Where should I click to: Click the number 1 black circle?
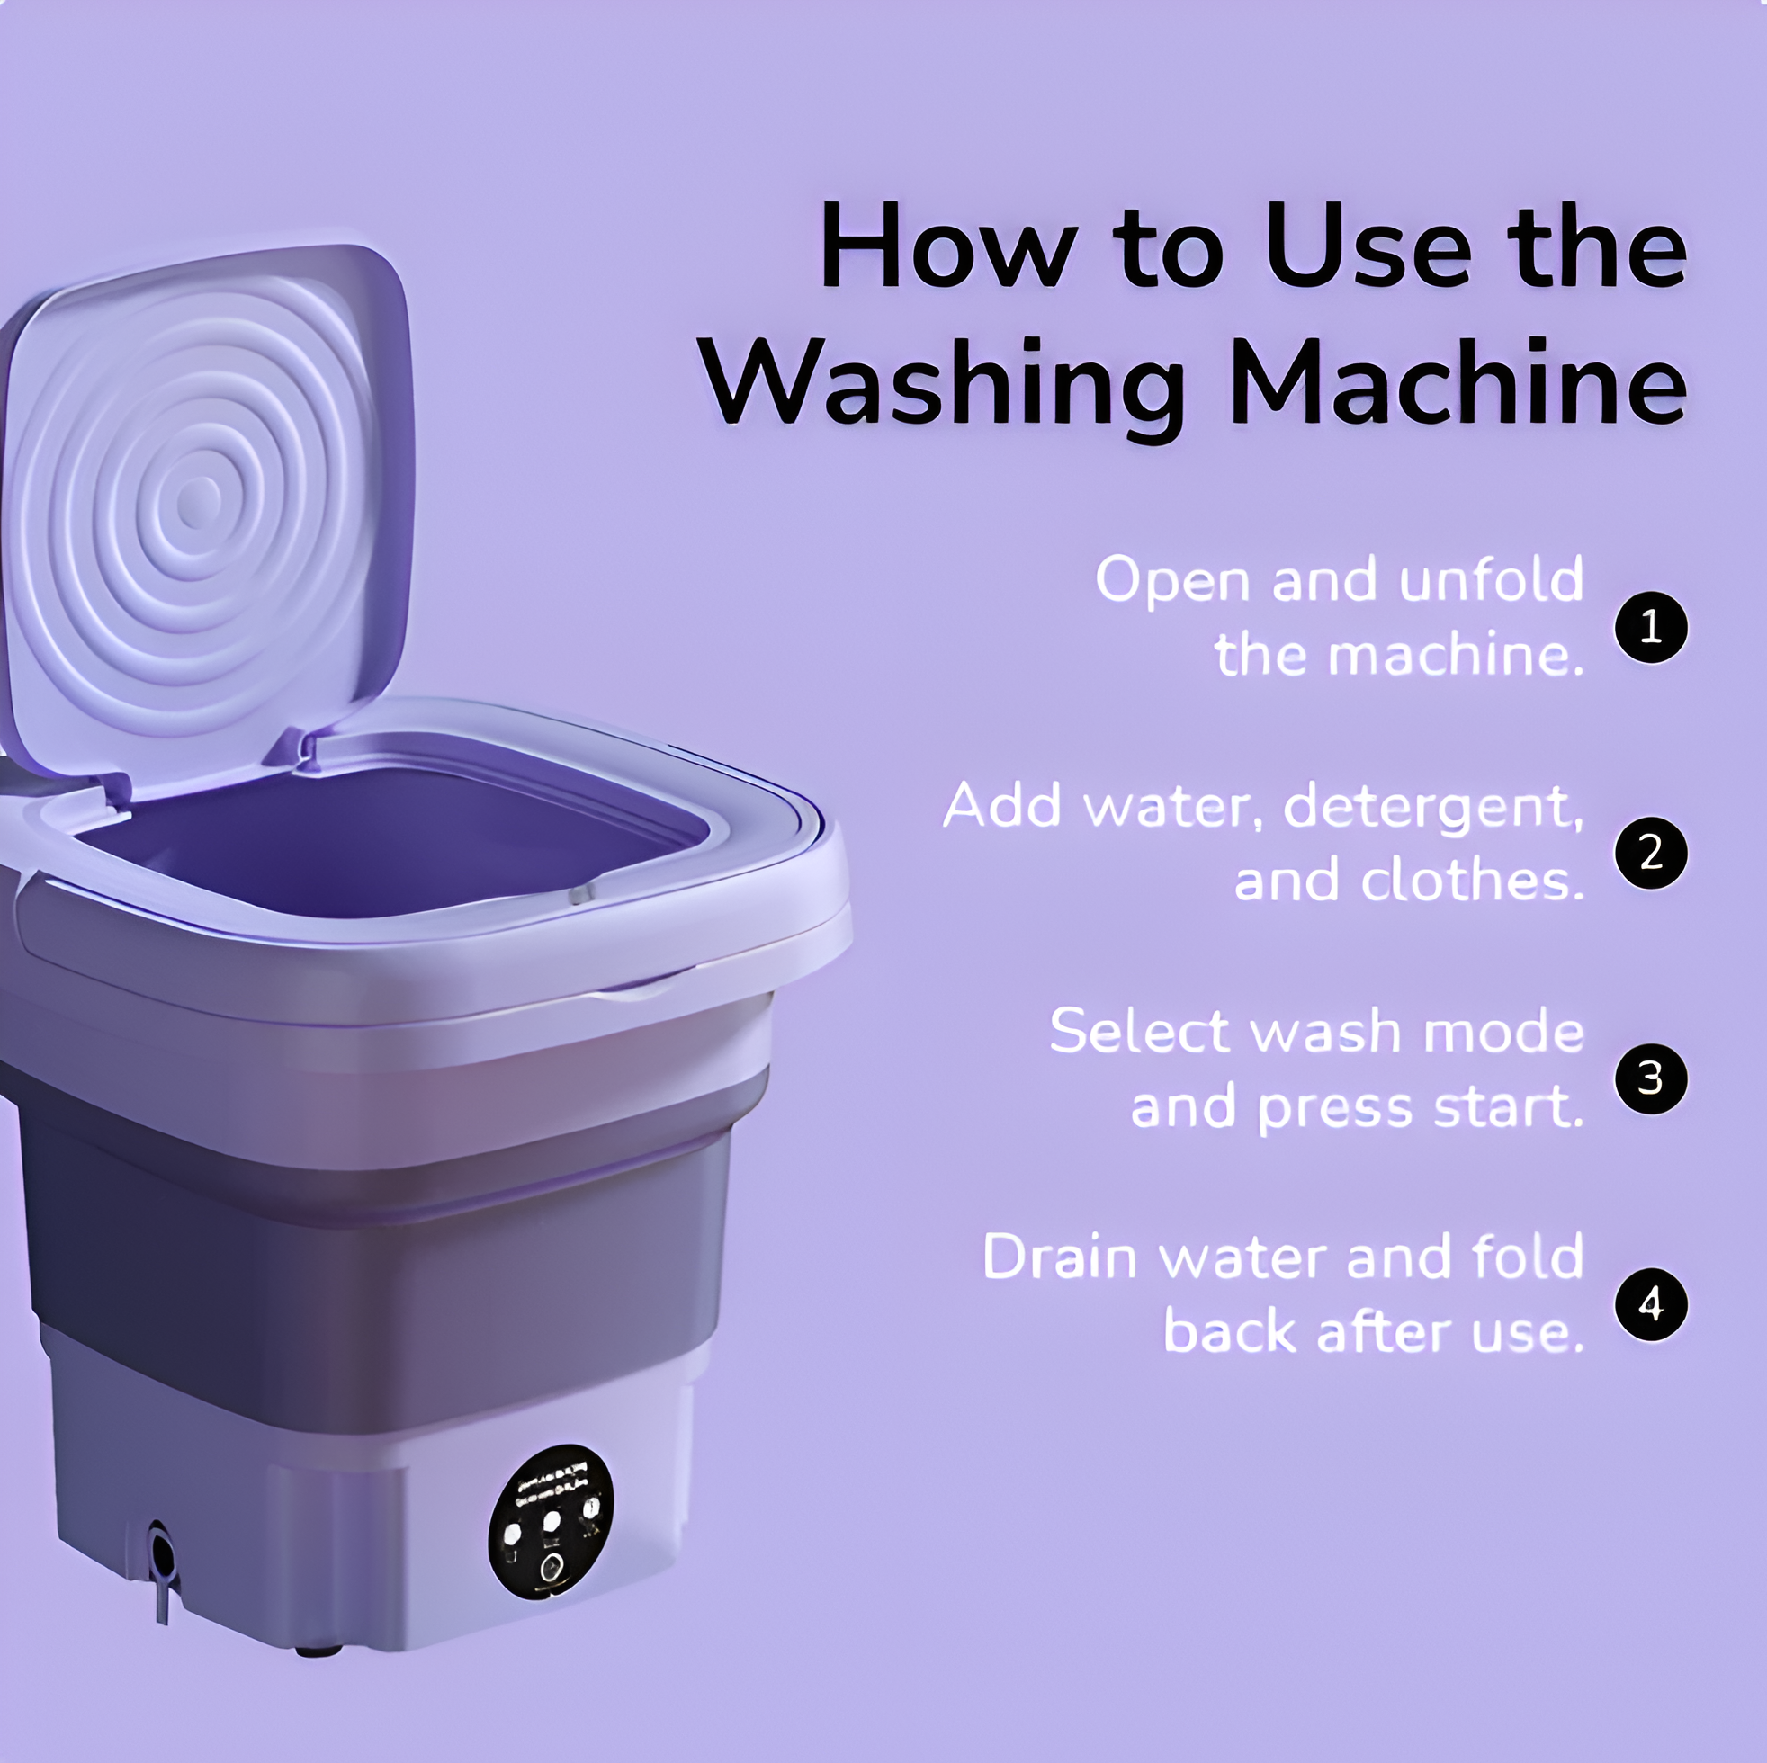pos(1650,628)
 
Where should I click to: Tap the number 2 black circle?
pos(1650,853)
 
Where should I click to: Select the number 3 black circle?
pos(1650,1079)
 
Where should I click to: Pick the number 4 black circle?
pos(1650,1305)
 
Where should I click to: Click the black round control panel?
pos(551,1523)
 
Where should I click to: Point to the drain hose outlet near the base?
pos(161,1552)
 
